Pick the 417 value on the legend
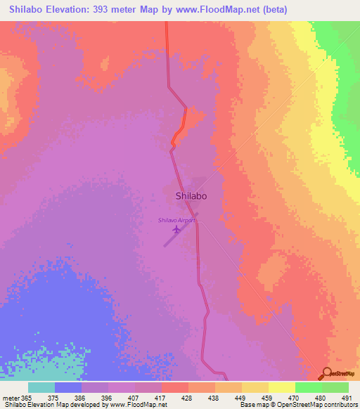161,398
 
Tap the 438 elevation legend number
214,398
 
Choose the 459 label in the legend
267,398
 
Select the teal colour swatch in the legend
41,387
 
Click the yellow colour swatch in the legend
281,387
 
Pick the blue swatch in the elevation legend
68,387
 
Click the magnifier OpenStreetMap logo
327,372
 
